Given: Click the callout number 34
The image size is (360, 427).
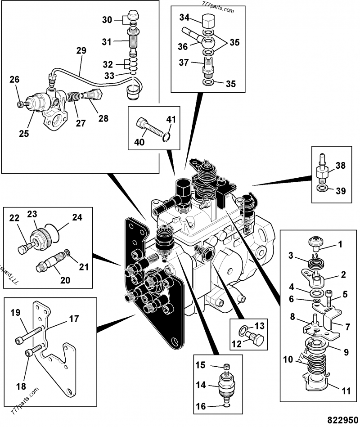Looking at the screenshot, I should point(184,18).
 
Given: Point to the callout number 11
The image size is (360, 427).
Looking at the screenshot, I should point(346,391).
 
